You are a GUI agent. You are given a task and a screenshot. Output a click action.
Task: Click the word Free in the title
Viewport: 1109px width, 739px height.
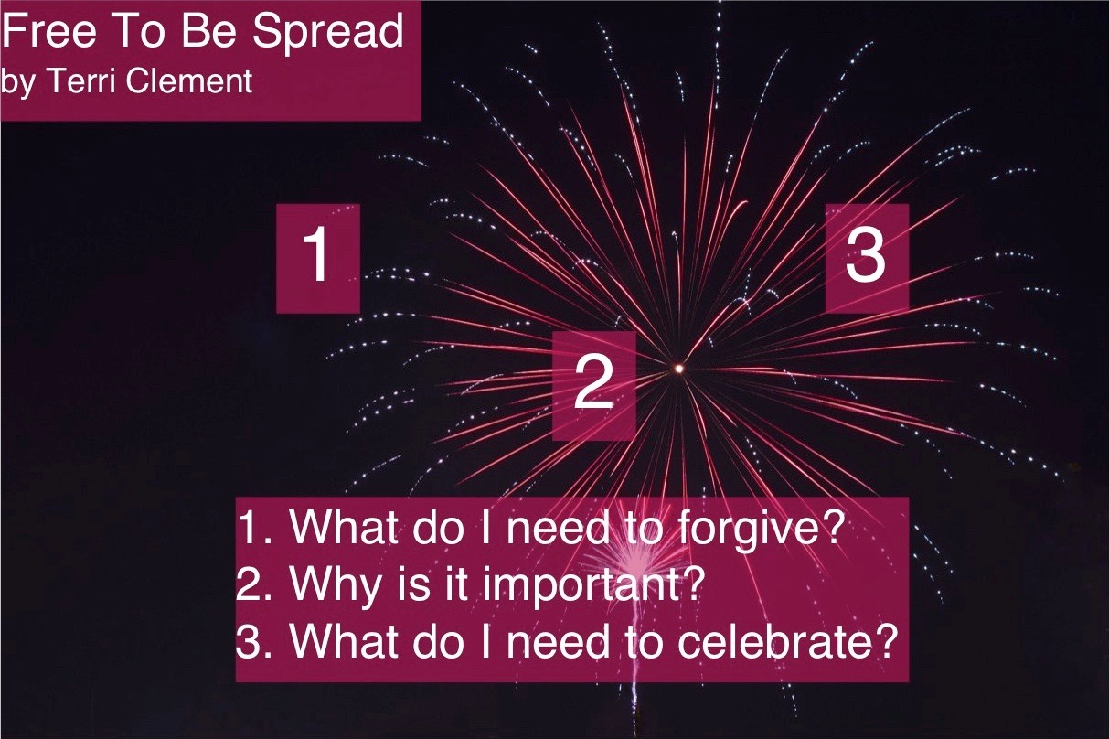[x=49, y=31]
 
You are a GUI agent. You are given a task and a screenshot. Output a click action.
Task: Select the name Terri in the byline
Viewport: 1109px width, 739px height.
[x=80, y=80]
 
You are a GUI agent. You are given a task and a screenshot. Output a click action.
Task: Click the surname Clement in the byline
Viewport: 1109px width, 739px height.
[x=189, y=80]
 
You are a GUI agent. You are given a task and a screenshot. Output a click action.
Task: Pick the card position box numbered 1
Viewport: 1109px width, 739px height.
[x=318, y=258]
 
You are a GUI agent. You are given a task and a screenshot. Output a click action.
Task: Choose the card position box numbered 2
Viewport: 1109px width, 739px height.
[x=593, y=386]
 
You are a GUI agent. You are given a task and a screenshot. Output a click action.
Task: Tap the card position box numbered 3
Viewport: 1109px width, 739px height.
[x=867, y=258]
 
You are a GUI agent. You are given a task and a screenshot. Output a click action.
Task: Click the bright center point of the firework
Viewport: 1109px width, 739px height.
[x=679, y=369]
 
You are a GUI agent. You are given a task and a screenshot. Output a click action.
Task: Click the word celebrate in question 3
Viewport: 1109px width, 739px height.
[x=772, y=641]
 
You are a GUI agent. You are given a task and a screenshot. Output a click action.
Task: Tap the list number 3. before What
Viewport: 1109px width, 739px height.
[x=253, y=641]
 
